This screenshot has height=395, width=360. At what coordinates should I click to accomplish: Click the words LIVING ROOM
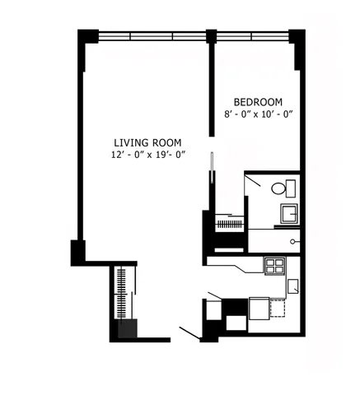(x=148, y=142)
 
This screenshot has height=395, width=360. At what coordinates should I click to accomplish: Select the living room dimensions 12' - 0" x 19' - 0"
(x=148, y=155)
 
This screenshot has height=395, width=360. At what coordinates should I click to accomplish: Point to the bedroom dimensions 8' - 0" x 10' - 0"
(x=258, y=114)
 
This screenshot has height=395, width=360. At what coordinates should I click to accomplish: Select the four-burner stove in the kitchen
(x=274, y=266)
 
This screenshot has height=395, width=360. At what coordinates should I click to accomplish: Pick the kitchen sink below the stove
(x=292, y=286)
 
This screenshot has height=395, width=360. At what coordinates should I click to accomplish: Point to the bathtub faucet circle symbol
(x=294, y=241)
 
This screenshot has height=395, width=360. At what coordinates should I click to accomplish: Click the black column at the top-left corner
(x=87, y=39)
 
